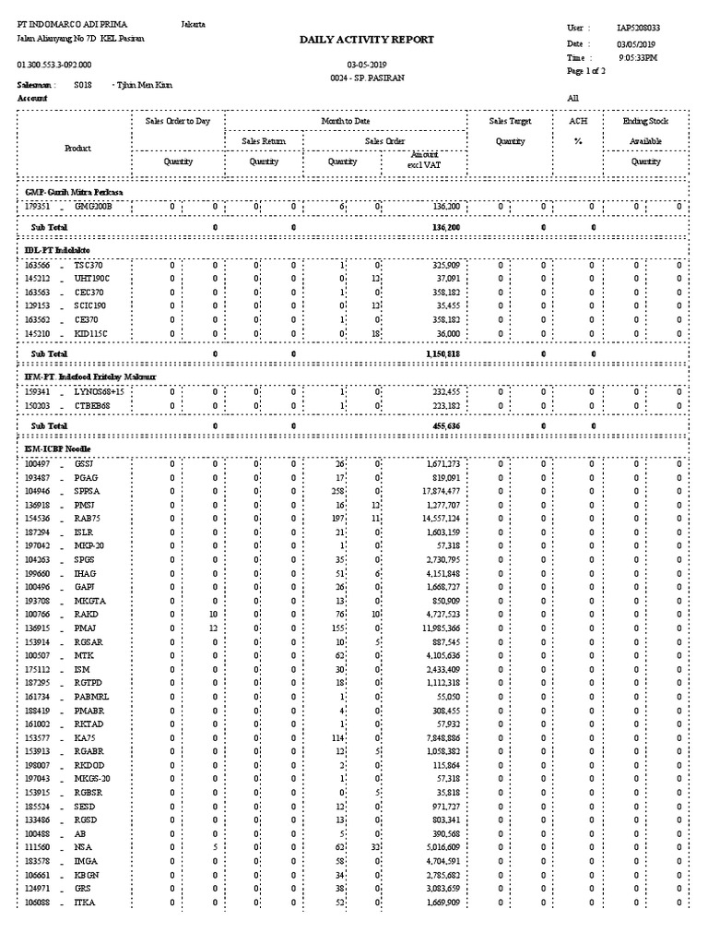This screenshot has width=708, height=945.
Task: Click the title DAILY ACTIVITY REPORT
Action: click(366, 41)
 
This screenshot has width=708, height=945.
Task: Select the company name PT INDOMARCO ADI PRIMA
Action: click(73, 24)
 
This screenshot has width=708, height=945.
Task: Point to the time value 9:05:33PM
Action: click(638, 57)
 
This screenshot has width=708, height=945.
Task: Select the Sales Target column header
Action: click(510, 121)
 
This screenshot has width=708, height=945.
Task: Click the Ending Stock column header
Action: click(645, 121)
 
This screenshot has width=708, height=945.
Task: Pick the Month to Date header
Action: click(346, 121)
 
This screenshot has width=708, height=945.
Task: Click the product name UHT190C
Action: click(91, 278)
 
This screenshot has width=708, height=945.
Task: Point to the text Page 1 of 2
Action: click(586, 71)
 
